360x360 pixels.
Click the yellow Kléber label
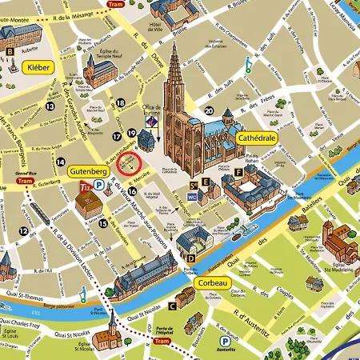[x=39, y=68]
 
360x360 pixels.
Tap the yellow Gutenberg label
[x=87, y=171]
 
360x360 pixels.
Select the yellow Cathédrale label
[x=256, y=138]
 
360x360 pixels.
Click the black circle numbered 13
[x=50, y=106]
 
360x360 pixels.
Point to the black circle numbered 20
[x=210, y=111]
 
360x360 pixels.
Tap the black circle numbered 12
[x=24, y=231]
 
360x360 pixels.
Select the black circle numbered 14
[x=60, y=162]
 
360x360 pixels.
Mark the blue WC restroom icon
[x=192, y=195]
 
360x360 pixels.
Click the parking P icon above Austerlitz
[x=226, y=340]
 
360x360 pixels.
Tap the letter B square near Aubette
[x=10, y=52]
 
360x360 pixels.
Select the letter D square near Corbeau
[x=190, y=258]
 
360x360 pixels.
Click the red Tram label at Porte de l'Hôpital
[x=162, y=341]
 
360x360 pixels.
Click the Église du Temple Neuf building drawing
[x=98, y=74]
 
